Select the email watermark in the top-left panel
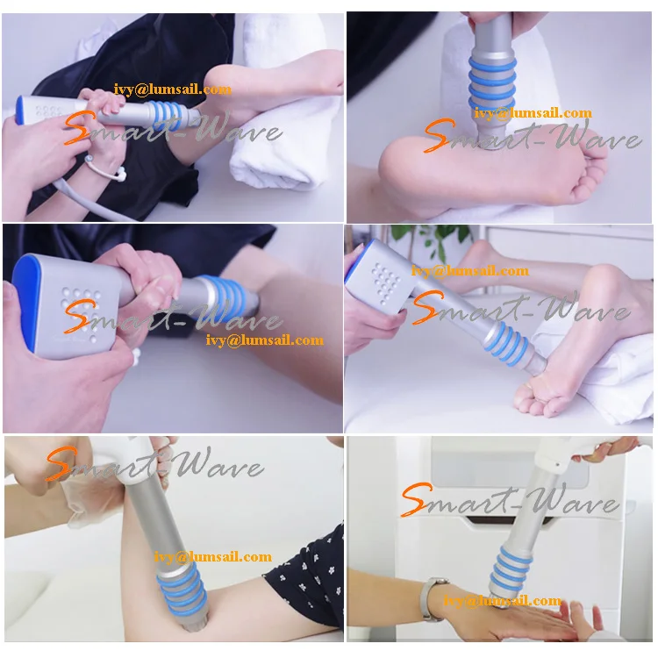(173, 89)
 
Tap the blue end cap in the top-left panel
(19, 111)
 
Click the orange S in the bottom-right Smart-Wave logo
(416, 499)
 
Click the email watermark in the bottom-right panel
(502, 600)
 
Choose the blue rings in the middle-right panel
(506, 344)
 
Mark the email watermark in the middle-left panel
(265, 340)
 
